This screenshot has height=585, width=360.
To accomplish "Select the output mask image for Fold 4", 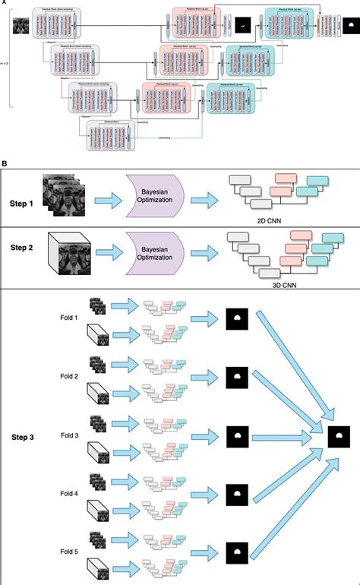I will [x=236, y=495].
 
